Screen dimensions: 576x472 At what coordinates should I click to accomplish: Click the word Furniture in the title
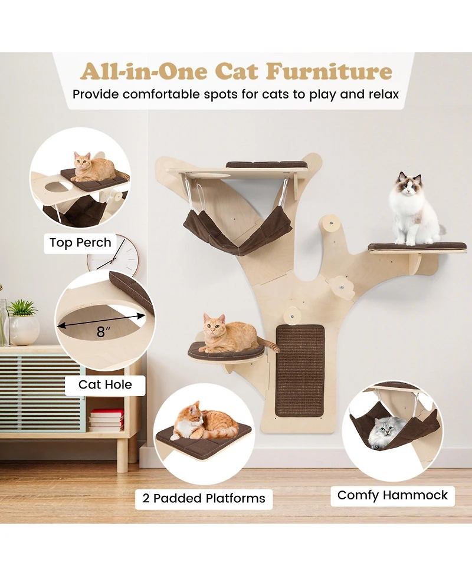tap(329, 71)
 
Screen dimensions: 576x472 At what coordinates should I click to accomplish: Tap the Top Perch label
tap(80, 242)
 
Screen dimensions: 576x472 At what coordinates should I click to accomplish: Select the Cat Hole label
tap(105, 385)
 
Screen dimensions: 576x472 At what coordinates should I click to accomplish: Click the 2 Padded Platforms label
tap(204, 498)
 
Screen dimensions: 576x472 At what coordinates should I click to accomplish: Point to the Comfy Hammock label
tap(392, 495)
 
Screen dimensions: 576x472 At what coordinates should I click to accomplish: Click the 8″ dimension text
tap(104, 332)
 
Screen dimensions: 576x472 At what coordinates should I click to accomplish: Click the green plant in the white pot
tap(23, 308)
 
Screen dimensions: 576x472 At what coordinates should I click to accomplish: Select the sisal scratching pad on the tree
tap(300, 370)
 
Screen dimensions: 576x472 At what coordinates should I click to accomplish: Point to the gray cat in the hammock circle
tap(385, 432)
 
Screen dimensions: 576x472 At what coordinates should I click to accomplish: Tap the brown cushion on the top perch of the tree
tap(267, 164)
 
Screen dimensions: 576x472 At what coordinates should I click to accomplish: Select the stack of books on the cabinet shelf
tap(107, 419)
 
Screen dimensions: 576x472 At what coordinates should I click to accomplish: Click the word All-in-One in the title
tap(144, 71)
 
